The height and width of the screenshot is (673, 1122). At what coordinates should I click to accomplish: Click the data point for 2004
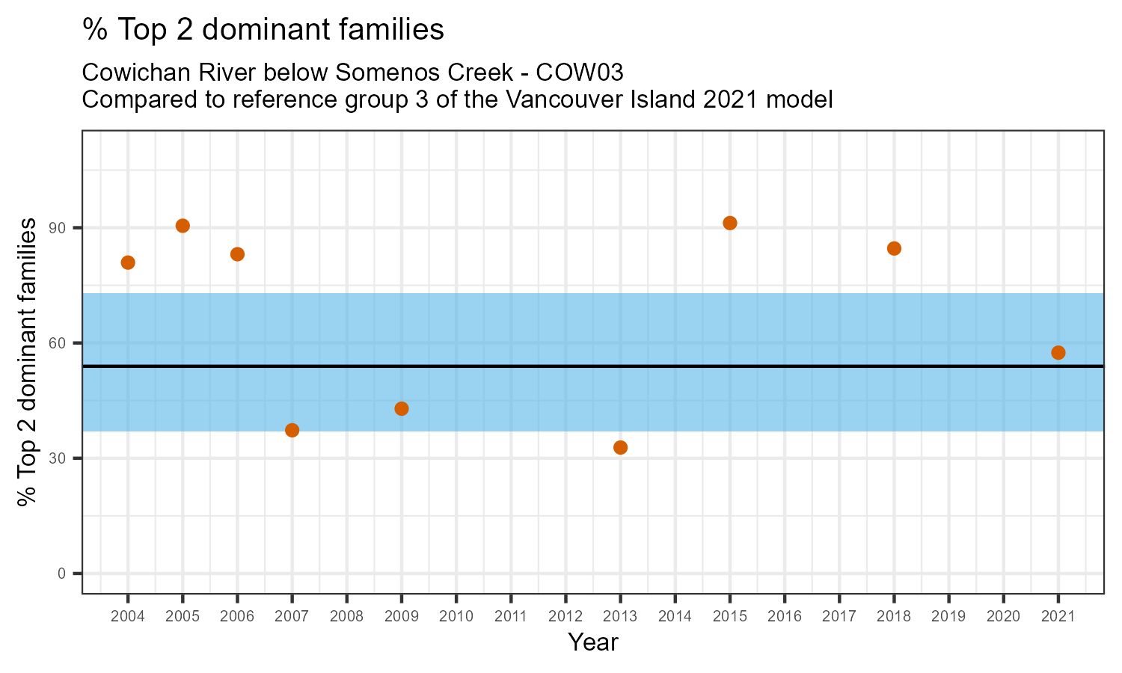pos(128,262)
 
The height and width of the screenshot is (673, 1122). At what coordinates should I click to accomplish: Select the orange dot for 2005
pos(183,226)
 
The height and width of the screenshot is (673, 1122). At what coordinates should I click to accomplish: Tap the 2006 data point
pos(237,254)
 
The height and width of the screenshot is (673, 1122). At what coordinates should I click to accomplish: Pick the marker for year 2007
pos(292,430)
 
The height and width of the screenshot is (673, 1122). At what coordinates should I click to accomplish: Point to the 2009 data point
pos(402,408)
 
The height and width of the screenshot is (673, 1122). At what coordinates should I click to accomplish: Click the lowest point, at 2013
pos(620,447)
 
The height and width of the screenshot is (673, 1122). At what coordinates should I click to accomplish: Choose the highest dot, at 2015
pos(730,223)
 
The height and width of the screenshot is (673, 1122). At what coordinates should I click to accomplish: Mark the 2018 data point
pos(894,248)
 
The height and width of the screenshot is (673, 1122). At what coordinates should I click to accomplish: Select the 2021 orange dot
pos(1058,353)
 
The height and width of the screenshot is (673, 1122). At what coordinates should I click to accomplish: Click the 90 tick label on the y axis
pos(67,228)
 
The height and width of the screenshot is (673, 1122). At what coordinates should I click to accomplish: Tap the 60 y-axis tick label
pos(67,343)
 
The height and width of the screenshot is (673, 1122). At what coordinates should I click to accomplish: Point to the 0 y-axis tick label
pos(70,574)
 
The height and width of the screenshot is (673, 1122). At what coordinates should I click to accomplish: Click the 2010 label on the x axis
pos(456,617)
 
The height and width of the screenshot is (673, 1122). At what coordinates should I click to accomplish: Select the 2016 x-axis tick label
pos(785,617)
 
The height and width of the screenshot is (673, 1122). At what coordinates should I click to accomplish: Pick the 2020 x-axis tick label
pos(1003,617)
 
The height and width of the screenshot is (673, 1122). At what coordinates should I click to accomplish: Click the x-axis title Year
pos(593,642)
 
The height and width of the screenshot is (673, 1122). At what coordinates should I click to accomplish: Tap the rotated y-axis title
pos(28,362)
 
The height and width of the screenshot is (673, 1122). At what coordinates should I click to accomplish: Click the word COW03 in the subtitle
pos(580,73)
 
